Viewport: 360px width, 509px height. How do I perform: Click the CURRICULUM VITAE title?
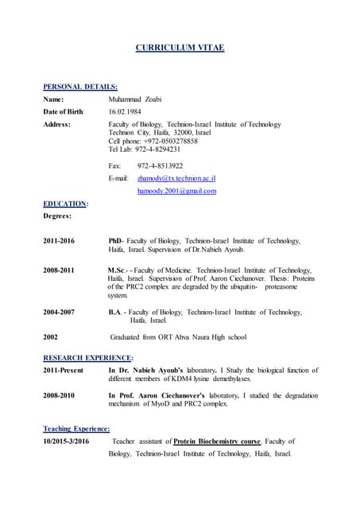coord(180,49)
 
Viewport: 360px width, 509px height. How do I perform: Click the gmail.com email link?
coord(176,191)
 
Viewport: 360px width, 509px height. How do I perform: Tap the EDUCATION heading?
coord(64,204)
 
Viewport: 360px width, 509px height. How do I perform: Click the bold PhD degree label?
coord(114,240)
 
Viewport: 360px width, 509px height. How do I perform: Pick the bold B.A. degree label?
coord(115,313)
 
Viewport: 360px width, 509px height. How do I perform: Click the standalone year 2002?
coord(50,336)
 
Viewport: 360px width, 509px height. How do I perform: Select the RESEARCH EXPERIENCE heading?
coord(87,358)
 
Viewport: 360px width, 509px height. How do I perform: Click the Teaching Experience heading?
coord(76,428)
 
